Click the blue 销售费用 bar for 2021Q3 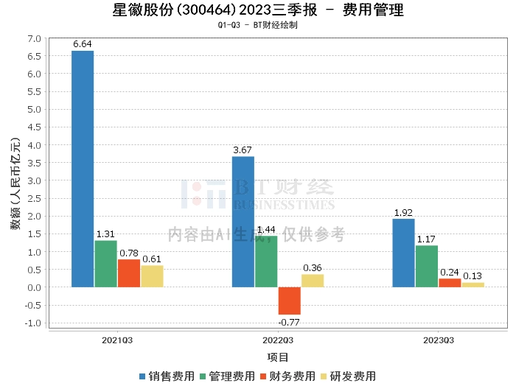tap(83, 169)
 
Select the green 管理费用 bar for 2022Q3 tap(266, 262)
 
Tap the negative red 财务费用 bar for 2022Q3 tap(290, 301)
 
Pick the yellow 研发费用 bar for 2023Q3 tap(473, 285)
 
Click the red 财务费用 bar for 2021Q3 tap(129, 273)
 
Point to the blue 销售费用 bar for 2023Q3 tap(404, 253)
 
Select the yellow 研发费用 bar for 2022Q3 tap(313, 281)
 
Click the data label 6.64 tap(83, 44)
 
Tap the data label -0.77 tap(289, 323)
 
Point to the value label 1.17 tap(426, 239)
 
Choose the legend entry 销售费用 tap(167, 376)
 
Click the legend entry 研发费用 tap(349, 376)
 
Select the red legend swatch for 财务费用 tap(263, 376)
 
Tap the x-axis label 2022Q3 tap(278, 340)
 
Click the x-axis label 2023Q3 tap(439, 340)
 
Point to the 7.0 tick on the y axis tap(34, 39)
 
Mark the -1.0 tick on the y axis tap(33, 323)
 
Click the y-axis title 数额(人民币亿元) tap(15, 183)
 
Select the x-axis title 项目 tap(278, 357)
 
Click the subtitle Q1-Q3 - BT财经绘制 tap(258, 25)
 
